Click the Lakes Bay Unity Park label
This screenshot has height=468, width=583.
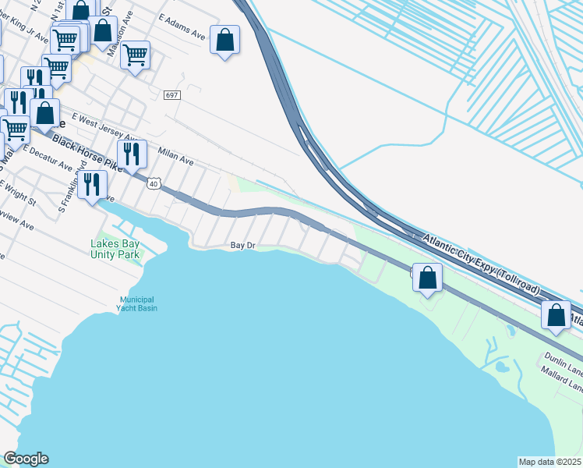click(114, 249)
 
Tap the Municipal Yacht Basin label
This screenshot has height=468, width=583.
click(138, 303)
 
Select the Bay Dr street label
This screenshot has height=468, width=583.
click(243, 245)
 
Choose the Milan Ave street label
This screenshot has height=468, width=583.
click(175, 157)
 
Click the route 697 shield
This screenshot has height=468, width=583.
click(172, 95)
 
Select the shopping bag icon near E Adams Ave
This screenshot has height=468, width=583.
click(224, 40)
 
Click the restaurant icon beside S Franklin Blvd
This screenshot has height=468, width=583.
click(93, 185)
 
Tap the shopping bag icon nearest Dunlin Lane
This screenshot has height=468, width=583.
click(556, 315)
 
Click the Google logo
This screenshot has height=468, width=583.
click(26, 459)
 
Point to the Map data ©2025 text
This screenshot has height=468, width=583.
click(549, 462)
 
